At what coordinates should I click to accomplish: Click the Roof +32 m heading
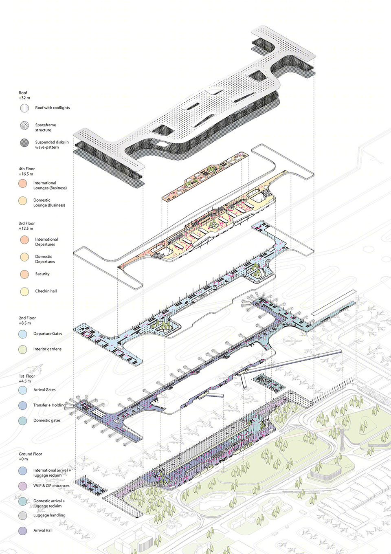pos(24,95)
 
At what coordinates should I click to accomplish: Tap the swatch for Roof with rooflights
pos(24,108)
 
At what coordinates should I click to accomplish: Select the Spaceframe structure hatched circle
pos(24,125)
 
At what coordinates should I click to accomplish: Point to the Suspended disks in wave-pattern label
pos(52,145)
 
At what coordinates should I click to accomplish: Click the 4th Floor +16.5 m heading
pos(27,171)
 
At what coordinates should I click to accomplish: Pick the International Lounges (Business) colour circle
pos(23,183)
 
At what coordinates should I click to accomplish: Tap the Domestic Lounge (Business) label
pos(49,202)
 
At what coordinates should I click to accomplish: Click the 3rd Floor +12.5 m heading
pos(27,226)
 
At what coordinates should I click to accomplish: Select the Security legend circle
pos(24,274)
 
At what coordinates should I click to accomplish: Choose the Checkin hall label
pos(46,291)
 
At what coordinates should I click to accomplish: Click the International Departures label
pos(46,242)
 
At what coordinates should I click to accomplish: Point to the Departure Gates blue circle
pos(23,334)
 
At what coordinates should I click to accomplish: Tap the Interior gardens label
pos(47,349)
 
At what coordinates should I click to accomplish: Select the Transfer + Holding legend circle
pos(23,405)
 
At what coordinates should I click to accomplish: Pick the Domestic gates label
pos(47,420)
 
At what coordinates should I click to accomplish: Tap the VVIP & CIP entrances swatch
pos(23,486)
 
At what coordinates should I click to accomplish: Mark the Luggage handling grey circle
pos(23,515)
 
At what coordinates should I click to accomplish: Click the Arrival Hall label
pos(43,530)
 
